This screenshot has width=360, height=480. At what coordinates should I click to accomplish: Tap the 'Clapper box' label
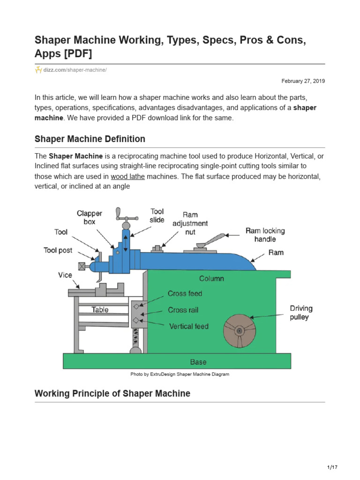[90, 217]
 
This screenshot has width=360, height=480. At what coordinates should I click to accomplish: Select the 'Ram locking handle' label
[265, 235]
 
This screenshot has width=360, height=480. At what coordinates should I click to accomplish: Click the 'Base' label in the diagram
[198, 362]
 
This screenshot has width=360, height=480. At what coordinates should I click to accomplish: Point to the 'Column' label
[211, 278]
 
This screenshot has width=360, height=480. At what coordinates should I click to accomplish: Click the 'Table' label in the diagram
[100, 309]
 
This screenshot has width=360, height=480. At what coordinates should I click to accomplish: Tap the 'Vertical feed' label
[189, 326]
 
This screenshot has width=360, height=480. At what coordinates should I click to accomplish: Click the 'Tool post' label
[58, 250]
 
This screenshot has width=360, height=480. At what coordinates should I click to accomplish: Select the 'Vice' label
[65, 275]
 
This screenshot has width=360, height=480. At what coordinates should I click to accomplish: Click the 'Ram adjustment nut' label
[190, 224]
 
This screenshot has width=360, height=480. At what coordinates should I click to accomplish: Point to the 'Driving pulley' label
[301, 313]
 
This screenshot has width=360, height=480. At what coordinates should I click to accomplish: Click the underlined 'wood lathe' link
[128, 177]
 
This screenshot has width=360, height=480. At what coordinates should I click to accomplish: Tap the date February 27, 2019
[303, 81]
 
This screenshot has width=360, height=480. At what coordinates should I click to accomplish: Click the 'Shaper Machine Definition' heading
[90, 139]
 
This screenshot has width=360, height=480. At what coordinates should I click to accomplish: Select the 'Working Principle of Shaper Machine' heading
[112, 393]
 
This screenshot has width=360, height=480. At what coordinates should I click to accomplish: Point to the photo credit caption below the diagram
[180, 375]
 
